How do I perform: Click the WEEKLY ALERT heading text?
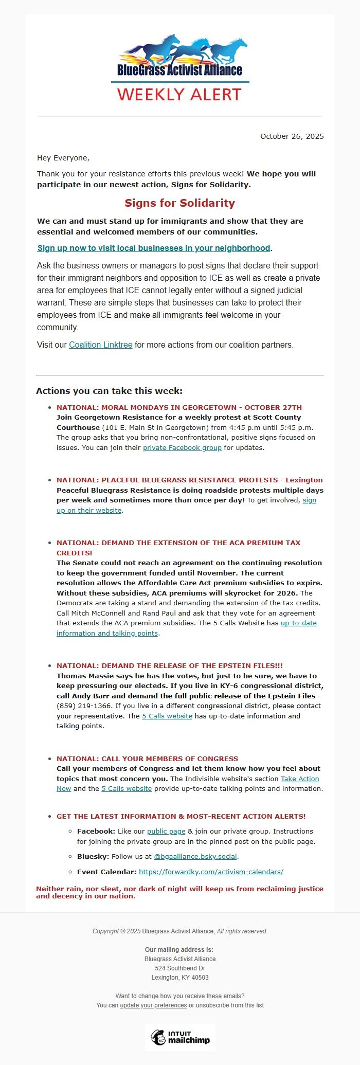(x=179, y=95)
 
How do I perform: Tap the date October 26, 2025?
(x=292, y=136)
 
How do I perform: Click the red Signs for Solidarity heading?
(x=179, y=203)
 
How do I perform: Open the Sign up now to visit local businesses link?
(x=154, y=248)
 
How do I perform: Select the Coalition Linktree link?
(x=101, y=345)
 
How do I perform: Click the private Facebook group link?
(x=182, y=447)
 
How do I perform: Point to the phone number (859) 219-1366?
(x=84, y=706)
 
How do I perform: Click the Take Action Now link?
(x=299, y=779)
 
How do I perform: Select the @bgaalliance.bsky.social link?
(x=195, y=856)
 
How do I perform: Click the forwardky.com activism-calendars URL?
(x=211, y=872)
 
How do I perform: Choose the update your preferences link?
(x=153, y=1005)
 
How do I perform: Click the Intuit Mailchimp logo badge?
(x=180, y=1037)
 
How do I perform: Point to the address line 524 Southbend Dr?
(x=180, y=968)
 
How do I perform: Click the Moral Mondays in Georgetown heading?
(x=179, y=407)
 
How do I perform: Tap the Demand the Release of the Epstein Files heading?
(x=170, y=665)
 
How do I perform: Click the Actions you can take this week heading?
(x=109, y=391)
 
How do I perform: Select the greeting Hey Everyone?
(x=63, y=158)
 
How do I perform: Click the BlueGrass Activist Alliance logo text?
(x=179, y=69)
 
